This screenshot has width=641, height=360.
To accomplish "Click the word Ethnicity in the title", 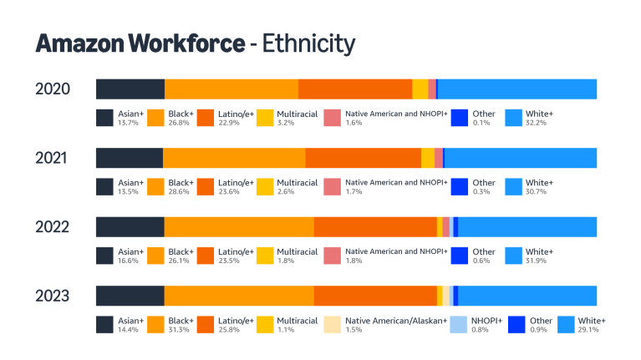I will pos(308,43).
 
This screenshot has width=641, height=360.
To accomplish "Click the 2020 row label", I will pos(52,89).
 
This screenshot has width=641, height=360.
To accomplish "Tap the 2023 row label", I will pos(52,296).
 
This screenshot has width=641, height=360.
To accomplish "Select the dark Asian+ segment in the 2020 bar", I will pos(130,89).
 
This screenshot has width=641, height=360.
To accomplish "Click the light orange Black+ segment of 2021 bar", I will pos(234,158).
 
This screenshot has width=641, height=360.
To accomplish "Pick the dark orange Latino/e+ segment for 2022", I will pos(375,227).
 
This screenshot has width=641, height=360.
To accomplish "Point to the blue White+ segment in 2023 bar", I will pos(527,296).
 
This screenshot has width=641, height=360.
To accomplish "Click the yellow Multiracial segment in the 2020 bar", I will pos(420,89).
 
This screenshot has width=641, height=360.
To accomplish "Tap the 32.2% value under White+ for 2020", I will pos(536,123).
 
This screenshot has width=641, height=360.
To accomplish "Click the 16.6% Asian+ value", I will pos(128,261).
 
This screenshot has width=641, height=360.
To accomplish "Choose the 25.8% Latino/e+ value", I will pos(228,330).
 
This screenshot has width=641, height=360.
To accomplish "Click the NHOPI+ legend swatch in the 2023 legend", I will pos(459,325).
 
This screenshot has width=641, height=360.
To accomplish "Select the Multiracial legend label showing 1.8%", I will pos(297,251).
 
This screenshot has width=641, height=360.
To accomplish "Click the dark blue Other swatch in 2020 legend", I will pos(459,118).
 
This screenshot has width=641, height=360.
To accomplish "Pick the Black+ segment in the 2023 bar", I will pos(239,296).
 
